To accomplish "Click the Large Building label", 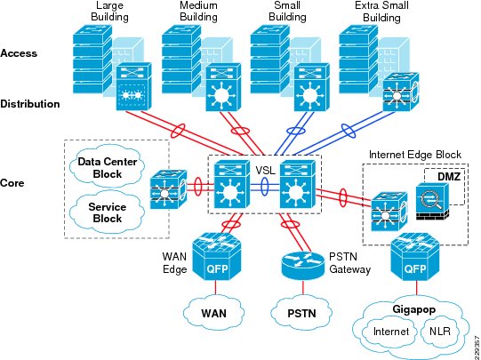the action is click(109, 12).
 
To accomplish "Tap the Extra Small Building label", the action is click(381, 12).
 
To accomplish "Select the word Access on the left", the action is click(19, 53).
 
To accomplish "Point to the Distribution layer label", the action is click(30, 104).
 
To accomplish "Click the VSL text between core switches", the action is click(265, 170).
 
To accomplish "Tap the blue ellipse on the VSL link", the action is click(265, 187).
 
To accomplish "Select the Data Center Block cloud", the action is click(107, 166).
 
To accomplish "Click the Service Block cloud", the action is click(107, 212).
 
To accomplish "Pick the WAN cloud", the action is click(213, 312).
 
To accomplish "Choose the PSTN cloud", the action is click(301, 312).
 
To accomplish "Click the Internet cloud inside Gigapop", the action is click(391, 332).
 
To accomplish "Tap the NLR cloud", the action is click(440, 332).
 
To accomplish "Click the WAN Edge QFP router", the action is click(217, 256).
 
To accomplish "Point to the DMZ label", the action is click(449, 176).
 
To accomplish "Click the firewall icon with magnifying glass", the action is click(432, 201).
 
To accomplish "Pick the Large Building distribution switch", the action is click(134, 86).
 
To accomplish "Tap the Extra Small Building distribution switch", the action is click(401, 92).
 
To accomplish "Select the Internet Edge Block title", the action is click(415, 155).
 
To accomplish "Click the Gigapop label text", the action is click(413, 309).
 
